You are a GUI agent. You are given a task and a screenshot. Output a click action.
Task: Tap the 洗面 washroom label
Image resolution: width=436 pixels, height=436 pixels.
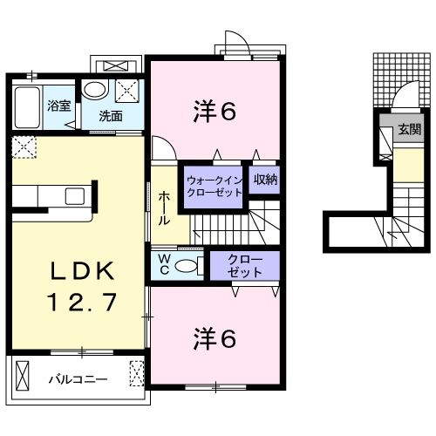coord(109,115)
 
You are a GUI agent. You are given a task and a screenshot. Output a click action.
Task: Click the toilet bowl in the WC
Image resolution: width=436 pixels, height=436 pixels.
coord(188,264)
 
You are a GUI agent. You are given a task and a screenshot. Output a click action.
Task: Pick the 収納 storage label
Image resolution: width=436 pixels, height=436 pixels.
coord(265,181)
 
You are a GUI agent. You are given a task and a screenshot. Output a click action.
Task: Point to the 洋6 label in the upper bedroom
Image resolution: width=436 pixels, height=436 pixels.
coord(215,110)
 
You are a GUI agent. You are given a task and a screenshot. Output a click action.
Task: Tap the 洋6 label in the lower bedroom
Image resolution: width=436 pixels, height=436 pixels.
coord(215,337)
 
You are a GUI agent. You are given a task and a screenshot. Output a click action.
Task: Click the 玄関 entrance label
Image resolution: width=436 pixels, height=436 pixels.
coord(408,129)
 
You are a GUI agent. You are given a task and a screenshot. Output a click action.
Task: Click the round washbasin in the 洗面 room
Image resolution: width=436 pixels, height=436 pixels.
coord(93,90)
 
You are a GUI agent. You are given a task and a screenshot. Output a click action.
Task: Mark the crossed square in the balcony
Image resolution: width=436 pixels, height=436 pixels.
coord(136,375)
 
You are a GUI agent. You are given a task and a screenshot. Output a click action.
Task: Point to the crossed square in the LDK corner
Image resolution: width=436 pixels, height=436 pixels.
coord(24,147)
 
